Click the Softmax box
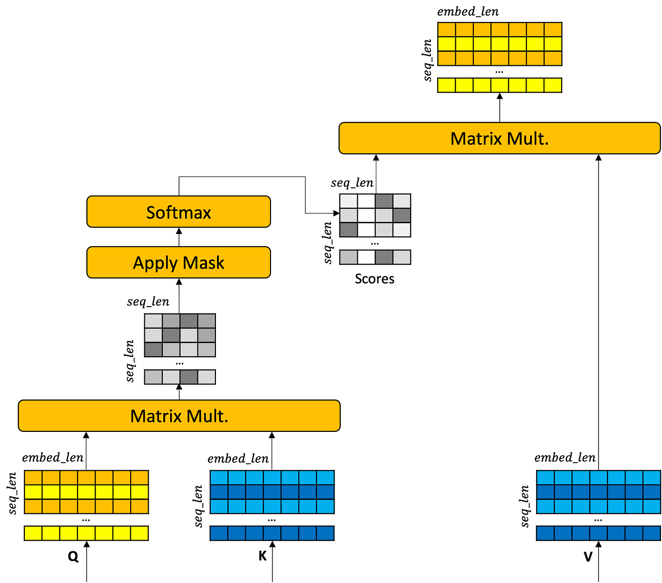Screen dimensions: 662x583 178,212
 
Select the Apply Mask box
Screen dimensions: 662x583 178,262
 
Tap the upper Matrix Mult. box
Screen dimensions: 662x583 499,138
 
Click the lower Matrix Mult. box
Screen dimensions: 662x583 179,415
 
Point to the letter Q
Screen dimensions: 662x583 73,556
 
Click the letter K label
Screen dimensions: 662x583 262,556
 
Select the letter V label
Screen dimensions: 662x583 588,556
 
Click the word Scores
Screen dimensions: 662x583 374,279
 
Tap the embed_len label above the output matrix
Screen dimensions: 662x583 467,12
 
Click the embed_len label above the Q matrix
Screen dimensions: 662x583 53,457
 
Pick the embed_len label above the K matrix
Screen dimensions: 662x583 238,459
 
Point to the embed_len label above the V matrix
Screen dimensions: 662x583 565,457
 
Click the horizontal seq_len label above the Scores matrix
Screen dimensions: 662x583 352,183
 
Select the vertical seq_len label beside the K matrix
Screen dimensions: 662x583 198,506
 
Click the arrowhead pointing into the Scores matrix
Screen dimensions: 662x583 336,213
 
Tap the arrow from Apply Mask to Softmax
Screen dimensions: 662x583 179,237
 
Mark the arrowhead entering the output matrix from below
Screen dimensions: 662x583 499,96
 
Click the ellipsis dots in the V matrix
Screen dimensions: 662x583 598,520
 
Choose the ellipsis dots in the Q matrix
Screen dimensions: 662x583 86,520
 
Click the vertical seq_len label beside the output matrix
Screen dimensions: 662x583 428,60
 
